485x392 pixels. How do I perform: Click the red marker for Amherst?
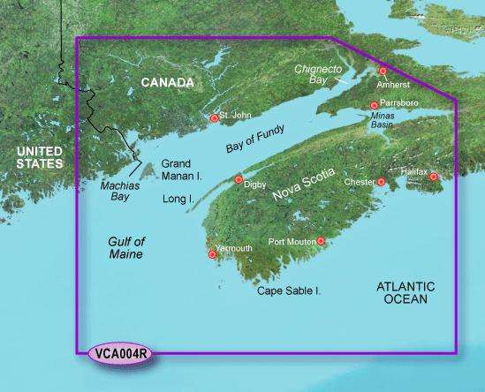pos(383,71)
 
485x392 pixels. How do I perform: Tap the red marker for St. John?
pos(214,118)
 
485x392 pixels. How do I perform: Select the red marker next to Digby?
pos(239,179)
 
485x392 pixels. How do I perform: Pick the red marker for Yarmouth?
pos(212,255)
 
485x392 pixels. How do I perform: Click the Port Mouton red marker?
pos(321,240)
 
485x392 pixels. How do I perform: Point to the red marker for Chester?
pos(382,182)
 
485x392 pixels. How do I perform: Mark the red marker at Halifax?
pos(434,177)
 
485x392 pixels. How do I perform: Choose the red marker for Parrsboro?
pos(375,106)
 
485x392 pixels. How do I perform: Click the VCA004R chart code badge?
pos(118,355)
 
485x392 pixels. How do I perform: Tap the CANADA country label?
pos(167,83)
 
